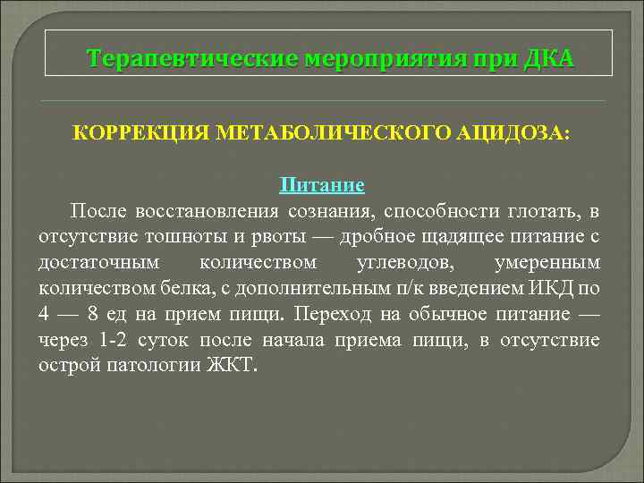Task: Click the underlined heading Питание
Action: pyautogui.click(x=322, y=185)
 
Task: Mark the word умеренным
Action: pyautogui.click(x=547, y=263)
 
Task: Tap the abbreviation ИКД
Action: pyautogui.click(x=547, y=289)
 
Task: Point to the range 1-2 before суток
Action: pyautogui.click(x=113, y=341)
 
